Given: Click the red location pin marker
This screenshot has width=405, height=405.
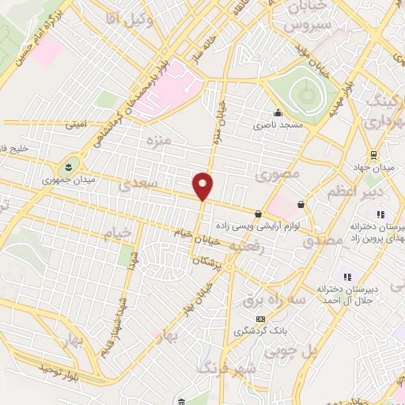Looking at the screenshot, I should (203, 186).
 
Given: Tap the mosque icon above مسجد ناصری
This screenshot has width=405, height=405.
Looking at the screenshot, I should (278, 112).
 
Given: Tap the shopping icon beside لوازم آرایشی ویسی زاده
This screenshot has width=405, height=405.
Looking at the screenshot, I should (258, 214).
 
